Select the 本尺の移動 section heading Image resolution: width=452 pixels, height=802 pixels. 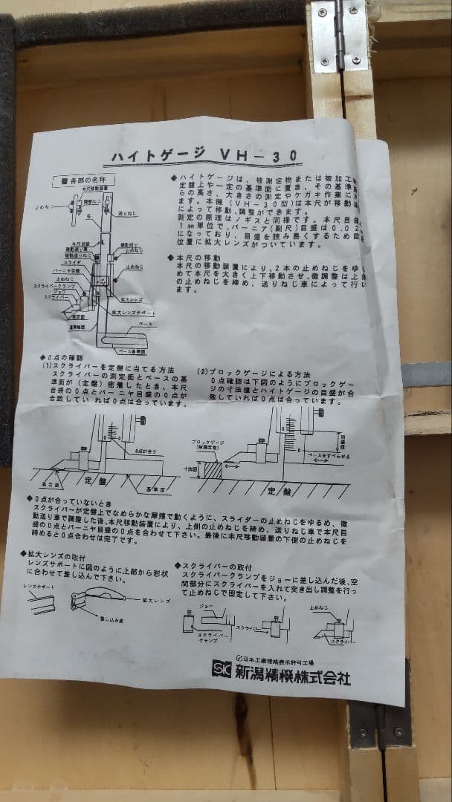(198, 256)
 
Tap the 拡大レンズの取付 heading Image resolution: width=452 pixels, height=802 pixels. (64, 555)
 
